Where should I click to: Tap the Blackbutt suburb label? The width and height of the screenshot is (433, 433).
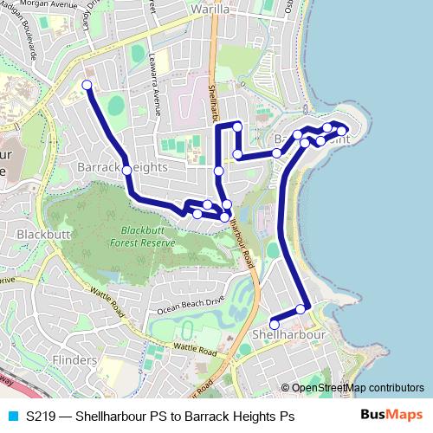[42, 234]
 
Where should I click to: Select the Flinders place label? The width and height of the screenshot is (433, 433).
[74, 359]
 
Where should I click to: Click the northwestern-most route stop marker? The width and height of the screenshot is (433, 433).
[86, 85]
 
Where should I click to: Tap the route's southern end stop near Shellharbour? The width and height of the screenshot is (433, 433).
[275, 325]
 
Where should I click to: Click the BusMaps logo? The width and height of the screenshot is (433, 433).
[389, 415]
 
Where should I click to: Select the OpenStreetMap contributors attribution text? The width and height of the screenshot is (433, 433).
[359, 388]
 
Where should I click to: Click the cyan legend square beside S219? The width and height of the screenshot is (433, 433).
[12, 416]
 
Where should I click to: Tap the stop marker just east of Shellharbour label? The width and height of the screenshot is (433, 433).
[301, 309]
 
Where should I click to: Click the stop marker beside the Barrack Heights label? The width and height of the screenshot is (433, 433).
[126, 171]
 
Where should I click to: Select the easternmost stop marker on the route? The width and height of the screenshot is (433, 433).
[342, 132]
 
